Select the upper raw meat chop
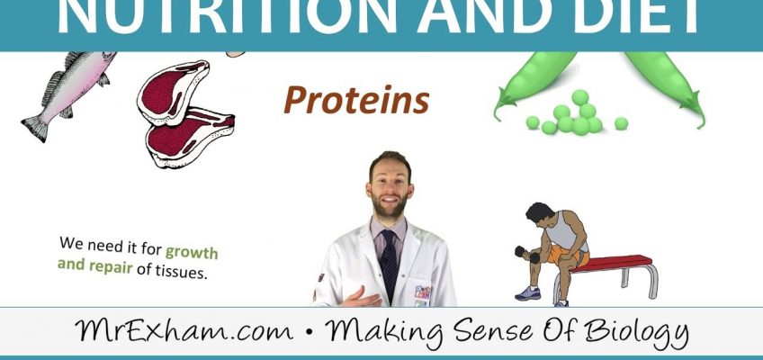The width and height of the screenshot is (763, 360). coord(173,90)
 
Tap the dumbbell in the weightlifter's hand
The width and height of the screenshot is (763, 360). coord(533,256)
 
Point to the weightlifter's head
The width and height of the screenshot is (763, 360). coord(541,217)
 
